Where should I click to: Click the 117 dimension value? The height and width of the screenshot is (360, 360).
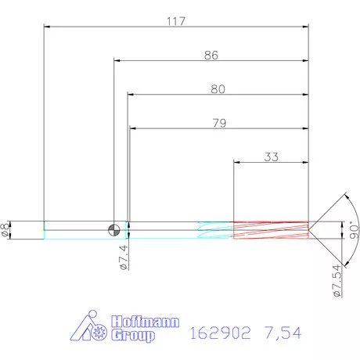pos(175,22)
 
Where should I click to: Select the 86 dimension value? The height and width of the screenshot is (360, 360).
pos(211,56)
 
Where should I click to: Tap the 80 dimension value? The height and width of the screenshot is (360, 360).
pos(218,89)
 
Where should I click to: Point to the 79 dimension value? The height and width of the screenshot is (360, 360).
pos(218,122)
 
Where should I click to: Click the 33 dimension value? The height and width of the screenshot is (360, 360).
pos(271,156)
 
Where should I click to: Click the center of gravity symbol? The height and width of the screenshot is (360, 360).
pos(114,229)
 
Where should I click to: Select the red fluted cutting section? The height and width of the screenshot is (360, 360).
pos(271,229)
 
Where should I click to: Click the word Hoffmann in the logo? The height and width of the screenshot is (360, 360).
pos(146,322)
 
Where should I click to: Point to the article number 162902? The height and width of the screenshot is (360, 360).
pos(220,333)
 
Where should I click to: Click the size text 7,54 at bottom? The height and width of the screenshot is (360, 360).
pos(283,333)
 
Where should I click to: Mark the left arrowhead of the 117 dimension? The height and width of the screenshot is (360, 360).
pos(46,27)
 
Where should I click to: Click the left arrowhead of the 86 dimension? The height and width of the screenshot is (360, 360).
pos(117,62)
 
